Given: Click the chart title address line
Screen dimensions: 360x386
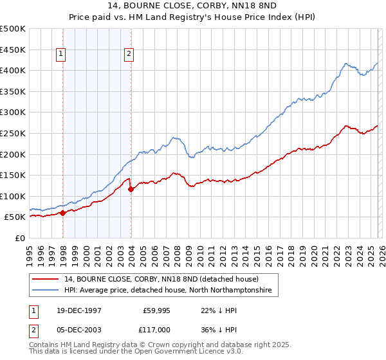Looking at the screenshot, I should pos(193,6).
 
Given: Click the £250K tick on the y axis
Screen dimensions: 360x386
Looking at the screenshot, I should pos(14,133).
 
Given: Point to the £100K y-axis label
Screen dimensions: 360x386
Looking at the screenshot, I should pos(14,196).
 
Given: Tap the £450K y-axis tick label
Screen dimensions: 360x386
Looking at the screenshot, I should pos(14,50).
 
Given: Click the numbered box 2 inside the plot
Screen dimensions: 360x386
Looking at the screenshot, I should pos(129,55).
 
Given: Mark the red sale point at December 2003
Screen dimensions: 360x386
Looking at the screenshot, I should pos(131,189).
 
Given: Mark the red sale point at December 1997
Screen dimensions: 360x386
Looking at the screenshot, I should pos(63,213).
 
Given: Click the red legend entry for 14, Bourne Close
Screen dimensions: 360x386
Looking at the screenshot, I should pos(161,279).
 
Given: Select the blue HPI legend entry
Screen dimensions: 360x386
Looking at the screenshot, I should pos(168,291).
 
